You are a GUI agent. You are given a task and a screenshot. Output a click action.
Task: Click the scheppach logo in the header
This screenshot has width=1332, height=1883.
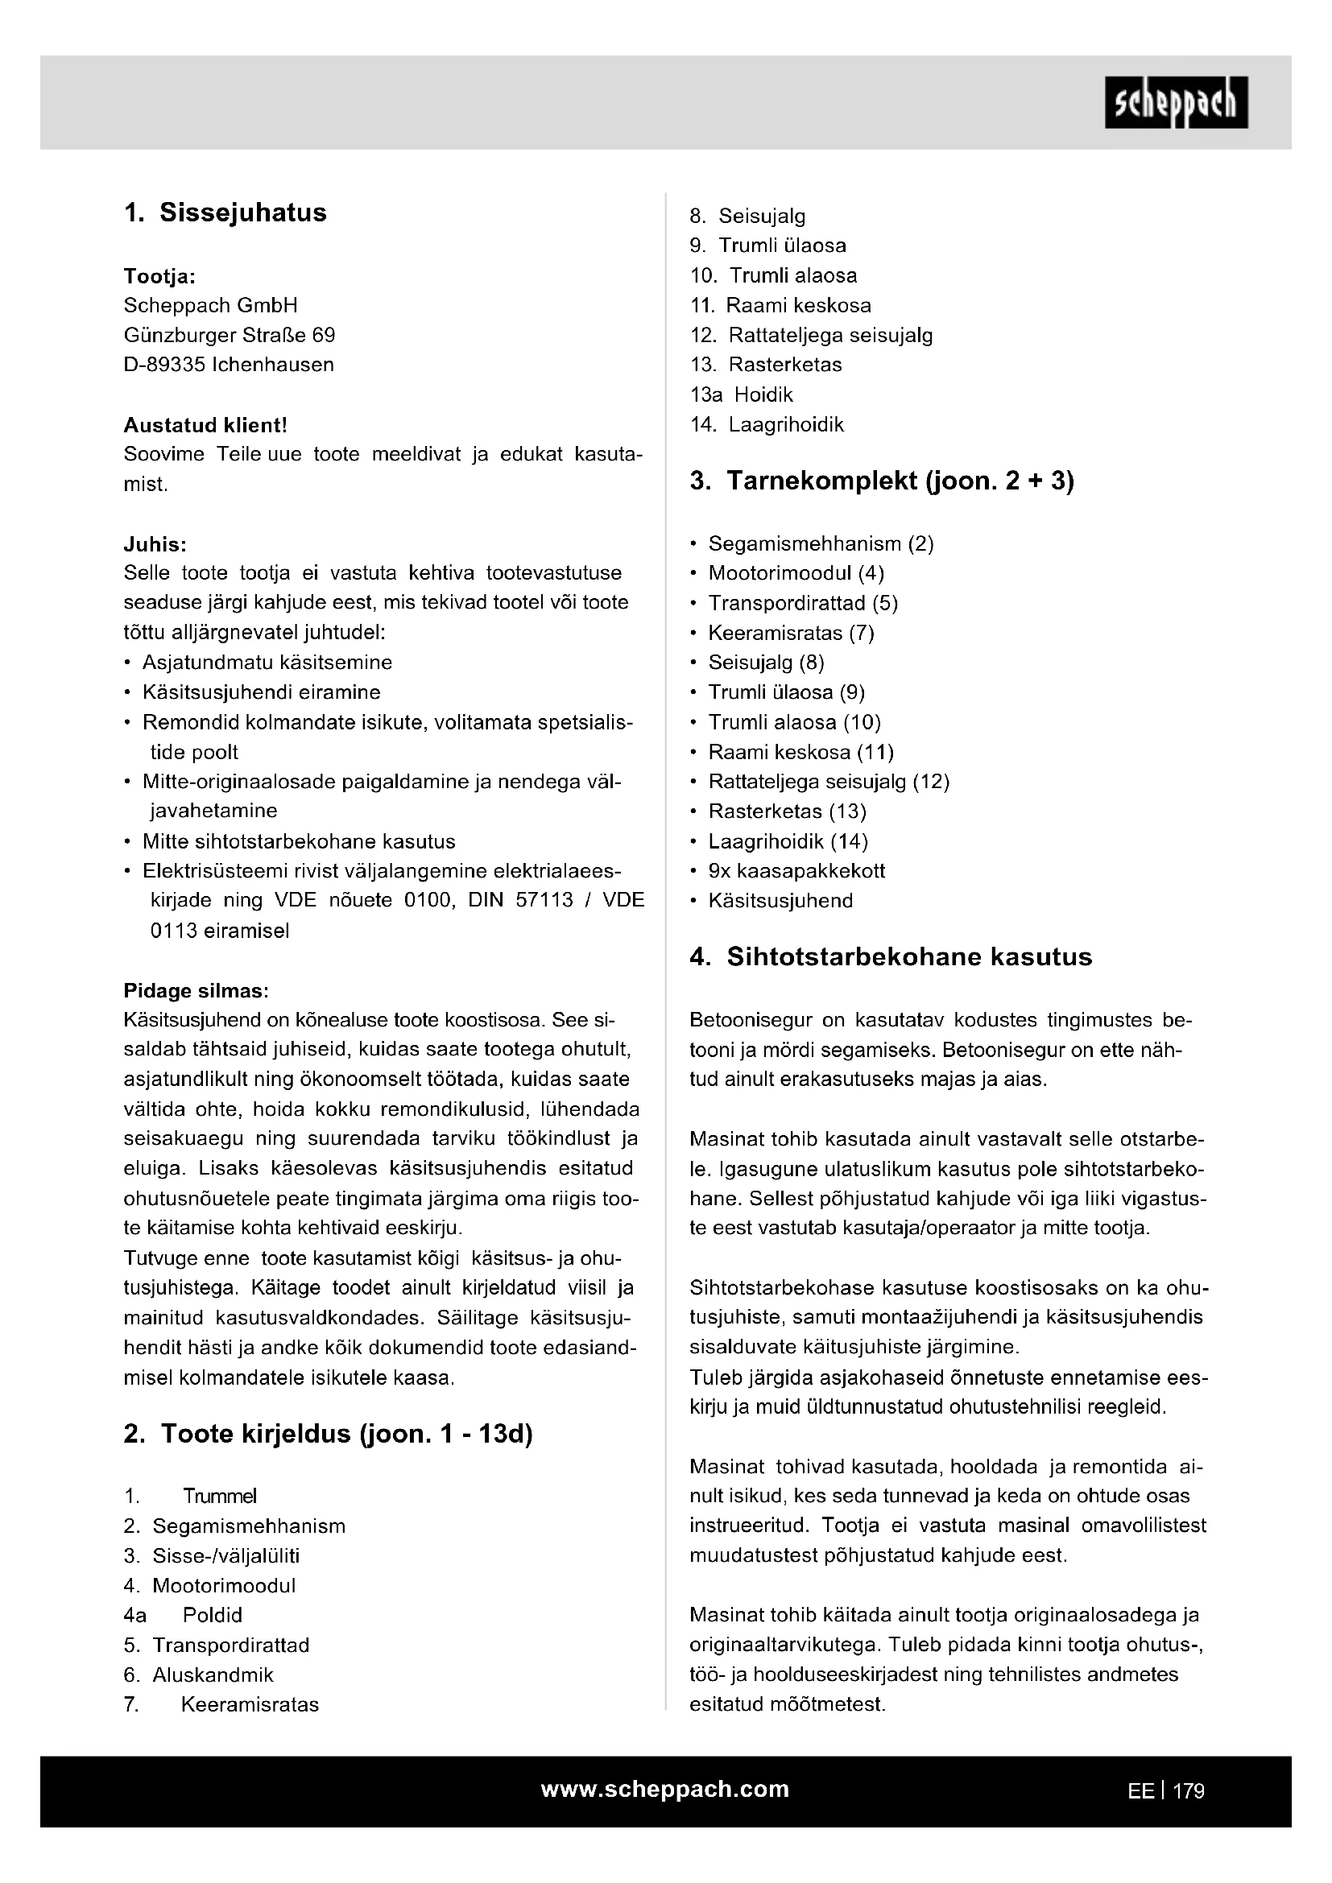pyautogui.click(x=1175, y=102)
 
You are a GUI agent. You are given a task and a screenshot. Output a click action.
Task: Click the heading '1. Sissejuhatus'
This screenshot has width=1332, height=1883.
pyautogui.click(x=225, y=213)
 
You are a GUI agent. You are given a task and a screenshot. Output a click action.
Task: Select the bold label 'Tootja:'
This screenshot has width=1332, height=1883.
pyautogui.click(x=159, y=276)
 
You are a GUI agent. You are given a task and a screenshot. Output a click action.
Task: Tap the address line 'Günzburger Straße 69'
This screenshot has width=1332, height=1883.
pyautogui.click(x=229, y=336)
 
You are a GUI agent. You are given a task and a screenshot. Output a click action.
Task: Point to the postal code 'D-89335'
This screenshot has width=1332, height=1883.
pyautogui.click(x=164, y=365)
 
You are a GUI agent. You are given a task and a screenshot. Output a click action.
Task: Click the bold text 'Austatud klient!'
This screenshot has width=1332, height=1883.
pyautogui.click(x=205, y=425)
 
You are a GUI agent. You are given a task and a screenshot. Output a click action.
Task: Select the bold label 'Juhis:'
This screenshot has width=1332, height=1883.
pyautogui.click(x=155, y=544)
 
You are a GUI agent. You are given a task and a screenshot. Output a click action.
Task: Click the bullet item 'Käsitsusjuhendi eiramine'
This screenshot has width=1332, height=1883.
pyautogui.click(x=261, y=692)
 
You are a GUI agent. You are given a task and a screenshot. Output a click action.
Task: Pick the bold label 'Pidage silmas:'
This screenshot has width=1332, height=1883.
pyautogui.click(x=196, y=991)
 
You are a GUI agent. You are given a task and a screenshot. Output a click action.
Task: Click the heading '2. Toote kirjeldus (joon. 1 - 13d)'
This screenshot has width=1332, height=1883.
pyautogui.click(x=328, y=1435)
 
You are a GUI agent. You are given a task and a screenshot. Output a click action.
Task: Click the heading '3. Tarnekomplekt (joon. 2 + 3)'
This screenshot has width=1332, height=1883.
pyautogui.click(x=882, y=481)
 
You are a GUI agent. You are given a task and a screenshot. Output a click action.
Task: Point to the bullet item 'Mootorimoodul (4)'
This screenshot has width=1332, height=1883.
pyautogui.click(x=796, y=573)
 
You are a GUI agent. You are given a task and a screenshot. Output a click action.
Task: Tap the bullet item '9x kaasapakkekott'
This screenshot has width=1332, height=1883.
pyautogui.click(x=796, y=871)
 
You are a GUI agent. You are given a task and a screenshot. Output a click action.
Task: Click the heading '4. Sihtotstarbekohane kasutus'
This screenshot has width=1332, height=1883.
pyautogui.click(x=891, y=957)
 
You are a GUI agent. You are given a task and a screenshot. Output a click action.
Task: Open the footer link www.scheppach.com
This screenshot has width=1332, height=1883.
pyautogui.click(x=664, y=1790)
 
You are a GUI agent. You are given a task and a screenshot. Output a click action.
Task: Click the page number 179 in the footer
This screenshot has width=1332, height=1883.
pyautogui.click(x=1189, y=1791)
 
